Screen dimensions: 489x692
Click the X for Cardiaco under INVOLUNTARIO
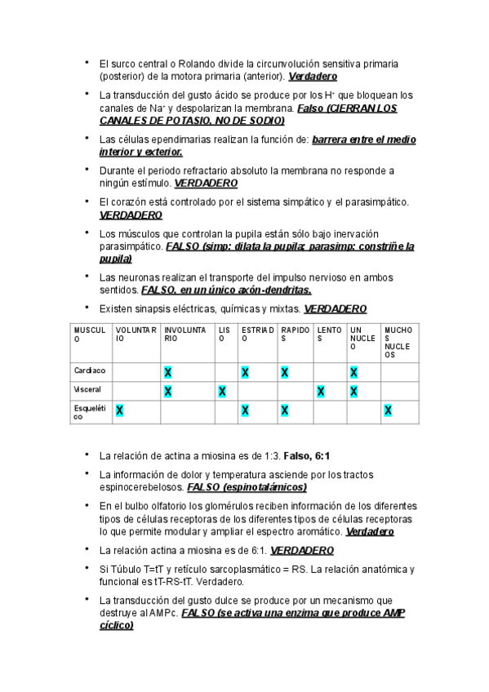(167, 372)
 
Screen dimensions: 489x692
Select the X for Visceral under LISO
(223, 391)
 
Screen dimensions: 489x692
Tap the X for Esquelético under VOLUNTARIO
(119, 410)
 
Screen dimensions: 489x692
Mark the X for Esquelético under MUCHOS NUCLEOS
(388, 410)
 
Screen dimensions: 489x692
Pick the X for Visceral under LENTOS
(320, 391)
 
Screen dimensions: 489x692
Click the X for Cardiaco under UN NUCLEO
(353, 372)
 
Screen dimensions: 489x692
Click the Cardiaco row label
(88, 371)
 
